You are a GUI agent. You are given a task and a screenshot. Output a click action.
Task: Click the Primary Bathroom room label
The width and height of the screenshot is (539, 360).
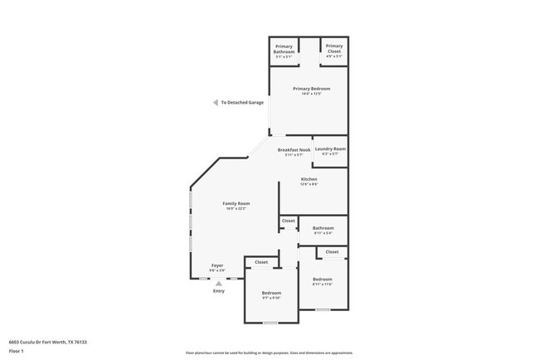coord(284,48)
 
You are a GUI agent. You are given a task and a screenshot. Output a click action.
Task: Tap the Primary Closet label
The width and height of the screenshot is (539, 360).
coord(334,48)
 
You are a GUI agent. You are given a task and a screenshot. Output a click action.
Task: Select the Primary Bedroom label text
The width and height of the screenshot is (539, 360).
coord(308,88)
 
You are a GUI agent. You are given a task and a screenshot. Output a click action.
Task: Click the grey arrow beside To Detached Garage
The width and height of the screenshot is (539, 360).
coord(216,103)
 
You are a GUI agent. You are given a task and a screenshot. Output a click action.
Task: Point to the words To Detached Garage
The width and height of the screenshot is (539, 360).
coord(242,103)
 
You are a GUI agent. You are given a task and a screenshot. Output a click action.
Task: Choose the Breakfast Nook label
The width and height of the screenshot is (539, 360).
coord(294,150)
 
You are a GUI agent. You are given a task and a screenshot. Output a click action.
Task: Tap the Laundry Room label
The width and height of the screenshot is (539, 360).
coord(329,148)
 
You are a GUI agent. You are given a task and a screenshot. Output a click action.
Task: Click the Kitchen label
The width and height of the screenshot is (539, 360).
coord(308,179)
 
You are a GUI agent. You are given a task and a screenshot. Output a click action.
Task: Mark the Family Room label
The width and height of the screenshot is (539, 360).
coord(236,203)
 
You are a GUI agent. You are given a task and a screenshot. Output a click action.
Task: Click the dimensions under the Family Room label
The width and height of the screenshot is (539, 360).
coord(236,209)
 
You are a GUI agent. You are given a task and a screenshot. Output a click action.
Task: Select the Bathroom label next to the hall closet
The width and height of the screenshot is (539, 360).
coord(323,228)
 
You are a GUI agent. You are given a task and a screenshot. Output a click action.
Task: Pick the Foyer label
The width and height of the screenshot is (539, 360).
coord(217,265)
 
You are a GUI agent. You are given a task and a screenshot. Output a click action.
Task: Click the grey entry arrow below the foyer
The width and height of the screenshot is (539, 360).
coord(219,283)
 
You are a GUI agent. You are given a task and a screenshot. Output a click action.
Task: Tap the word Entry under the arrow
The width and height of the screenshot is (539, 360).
coord(219,291)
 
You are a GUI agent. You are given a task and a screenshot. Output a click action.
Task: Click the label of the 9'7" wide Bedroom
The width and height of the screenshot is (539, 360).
coord(272,293)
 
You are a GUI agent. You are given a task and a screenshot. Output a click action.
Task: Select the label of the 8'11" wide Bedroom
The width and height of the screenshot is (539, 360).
coord(322,280)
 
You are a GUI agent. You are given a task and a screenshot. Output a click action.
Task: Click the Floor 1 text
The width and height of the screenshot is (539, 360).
coord(17,352)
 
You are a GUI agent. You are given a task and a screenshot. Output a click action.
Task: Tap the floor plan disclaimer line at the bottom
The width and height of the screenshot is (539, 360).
coord(269,353)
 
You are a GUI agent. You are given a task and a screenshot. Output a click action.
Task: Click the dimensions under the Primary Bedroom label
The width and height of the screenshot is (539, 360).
coord(308,94)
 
